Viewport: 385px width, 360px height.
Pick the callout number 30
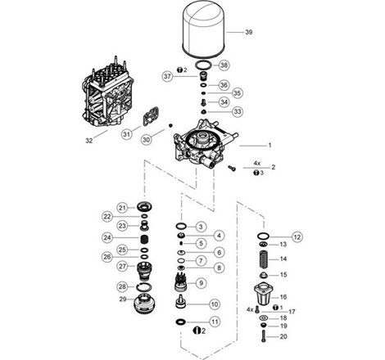click(x=147, y=139)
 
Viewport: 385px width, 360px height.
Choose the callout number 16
click(x=283, y=297)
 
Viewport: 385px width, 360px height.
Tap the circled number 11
click(x=214, y=322)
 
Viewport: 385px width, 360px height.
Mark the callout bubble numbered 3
click(x=200, y=226)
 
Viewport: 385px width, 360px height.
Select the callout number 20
click(x=283, y=336)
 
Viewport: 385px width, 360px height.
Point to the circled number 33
click(x=215, y=111)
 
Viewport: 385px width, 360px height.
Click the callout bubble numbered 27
click(x=121, y=266)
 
